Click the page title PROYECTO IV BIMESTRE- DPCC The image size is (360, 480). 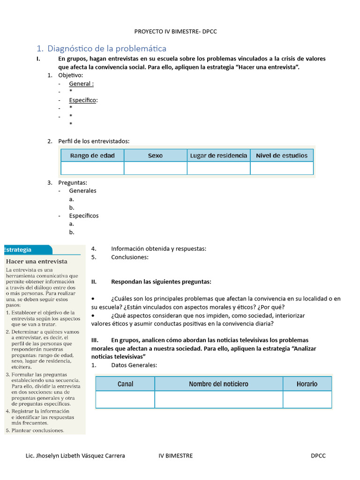[175, 31]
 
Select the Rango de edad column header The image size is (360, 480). [92, 156]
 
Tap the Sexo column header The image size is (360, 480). [155, 156]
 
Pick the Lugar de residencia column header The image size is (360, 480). [218, 156]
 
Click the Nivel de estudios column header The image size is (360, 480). [282, 156]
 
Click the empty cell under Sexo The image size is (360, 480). [155, 168]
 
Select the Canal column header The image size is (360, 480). [125, 384]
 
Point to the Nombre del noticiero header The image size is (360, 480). [218, 384]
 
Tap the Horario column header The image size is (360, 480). [307, 384]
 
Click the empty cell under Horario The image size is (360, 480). [307, 399]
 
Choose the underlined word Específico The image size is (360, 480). [83, 100]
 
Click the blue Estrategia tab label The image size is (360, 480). [18, 250]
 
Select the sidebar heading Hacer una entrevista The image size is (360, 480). [37, 262]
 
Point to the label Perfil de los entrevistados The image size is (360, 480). [94, 141]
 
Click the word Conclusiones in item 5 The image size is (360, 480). [130, 257]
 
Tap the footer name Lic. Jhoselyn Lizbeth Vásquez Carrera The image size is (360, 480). [75, 456]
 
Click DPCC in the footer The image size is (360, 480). [318, 456]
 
